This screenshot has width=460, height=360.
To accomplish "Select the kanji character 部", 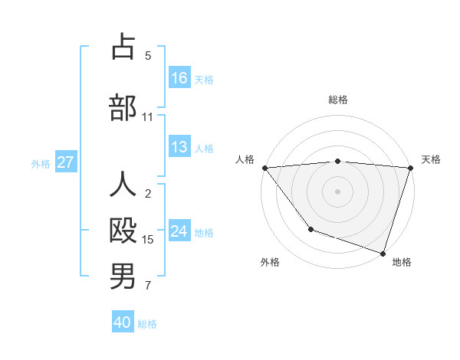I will (123, 108).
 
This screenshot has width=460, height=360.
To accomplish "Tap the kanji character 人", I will (123, 185).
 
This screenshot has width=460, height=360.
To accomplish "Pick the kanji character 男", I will (123, 277).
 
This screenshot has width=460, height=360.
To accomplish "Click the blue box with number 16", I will (179, 78).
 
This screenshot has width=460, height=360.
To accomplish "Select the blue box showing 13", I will (179, 147).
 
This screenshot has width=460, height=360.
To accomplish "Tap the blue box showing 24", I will (179, 231).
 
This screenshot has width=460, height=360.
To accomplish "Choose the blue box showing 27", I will (65, 162).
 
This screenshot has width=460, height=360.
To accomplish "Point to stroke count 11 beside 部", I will (147, 117).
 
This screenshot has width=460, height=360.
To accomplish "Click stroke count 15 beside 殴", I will (148, 240).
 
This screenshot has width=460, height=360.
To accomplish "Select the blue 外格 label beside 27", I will (41, 163).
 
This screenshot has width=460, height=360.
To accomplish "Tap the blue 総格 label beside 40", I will (147, 324).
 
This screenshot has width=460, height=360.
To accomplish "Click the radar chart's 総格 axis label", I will (337, 100).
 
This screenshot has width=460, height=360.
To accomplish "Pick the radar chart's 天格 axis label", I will (431, 159).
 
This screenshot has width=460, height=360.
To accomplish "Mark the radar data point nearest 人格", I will (264, 168).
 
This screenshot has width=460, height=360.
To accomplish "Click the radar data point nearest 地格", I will (382, 253).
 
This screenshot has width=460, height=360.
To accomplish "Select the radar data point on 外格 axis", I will (310, 229).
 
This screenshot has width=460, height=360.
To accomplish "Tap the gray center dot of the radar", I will (337, 191).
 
